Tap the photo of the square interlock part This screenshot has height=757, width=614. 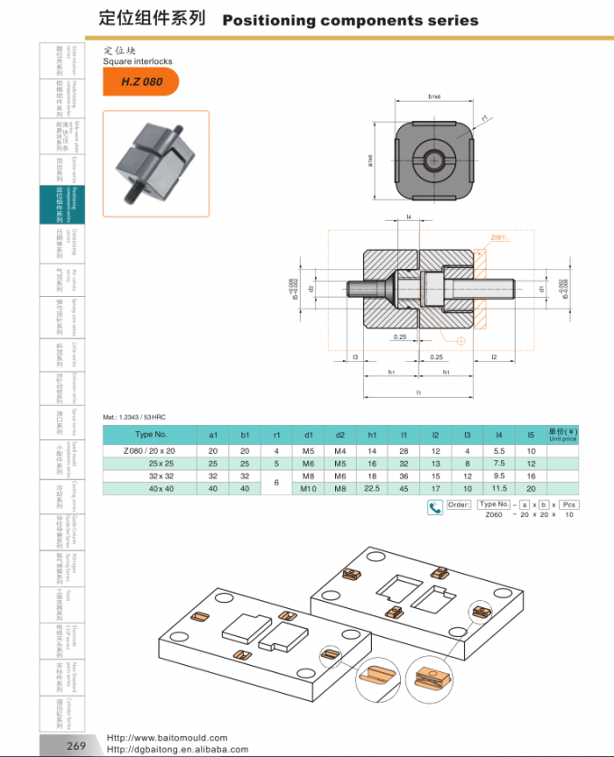click(x=155, y=163)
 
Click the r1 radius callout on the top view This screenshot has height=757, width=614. click(x=485, y=118)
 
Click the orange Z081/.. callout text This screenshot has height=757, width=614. click(x=498, y=237)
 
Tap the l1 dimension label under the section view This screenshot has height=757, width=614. click(x=419, y=393)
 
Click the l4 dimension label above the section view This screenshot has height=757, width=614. click(x=408, y=217)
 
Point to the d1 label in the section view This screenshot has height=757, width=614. click(x=542, y=290)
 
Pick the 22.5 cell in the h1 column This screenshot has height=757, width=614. click(x=372, y=488)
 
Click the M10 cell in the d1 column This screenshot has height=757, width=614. click(x=308, y=488)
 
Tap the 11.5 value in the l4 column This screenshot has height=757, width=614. click(x=499, y=488)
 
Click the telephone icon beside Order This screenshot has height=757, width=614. click(x=434, y=506)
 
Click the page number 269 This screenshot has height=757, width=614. click(x=76, y=745)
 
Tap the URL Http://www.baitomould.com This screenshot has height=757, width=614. click(x=167, y=737)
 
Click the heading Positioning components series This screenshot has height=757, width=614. click(x=349, y=20)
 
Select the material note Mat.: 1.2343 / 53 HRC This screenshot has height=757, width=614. click(x=135, y=417)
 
